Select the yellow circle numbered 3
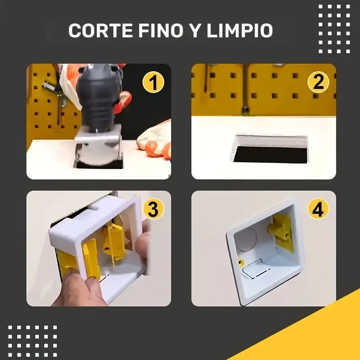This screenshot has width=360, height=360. click(x=153, y=210)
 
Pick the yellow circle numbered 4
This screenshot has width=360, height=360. click(x=318, y=210)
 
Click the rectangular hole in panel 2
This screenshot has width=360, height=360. click(x=270, y=150)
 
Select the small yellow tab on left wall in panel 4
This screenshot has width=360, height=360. click(x=240, y=263)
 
